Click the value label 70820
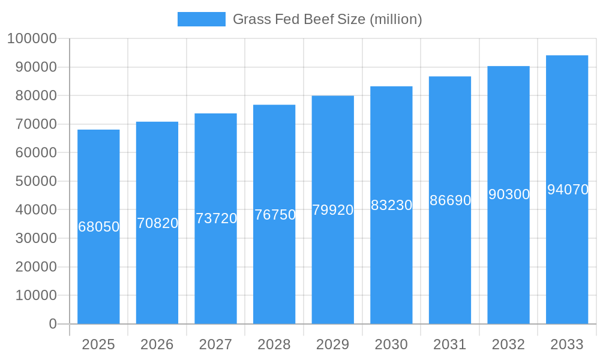(157, 223)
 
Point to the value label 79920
(333, 210)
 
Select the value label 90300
(509, 194)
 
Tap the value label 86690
(450, 200)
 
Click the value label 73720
(216, 218)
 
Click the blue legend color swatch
(202, 19)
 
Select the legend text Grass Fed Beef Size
(327, 19)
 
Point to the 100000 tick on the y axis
(32, 39)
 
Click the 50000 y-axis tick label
(35, 181)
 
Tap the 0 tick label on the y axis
(53, 324)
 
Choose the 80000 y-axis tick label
(35, 96)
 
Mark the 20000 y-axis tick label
(35, 267)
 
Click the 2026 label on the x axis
(157, 344)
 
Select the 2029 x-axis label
(333, 344)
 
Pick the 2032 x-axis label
(509, 344)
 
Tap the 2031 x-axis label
(450, 344)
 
